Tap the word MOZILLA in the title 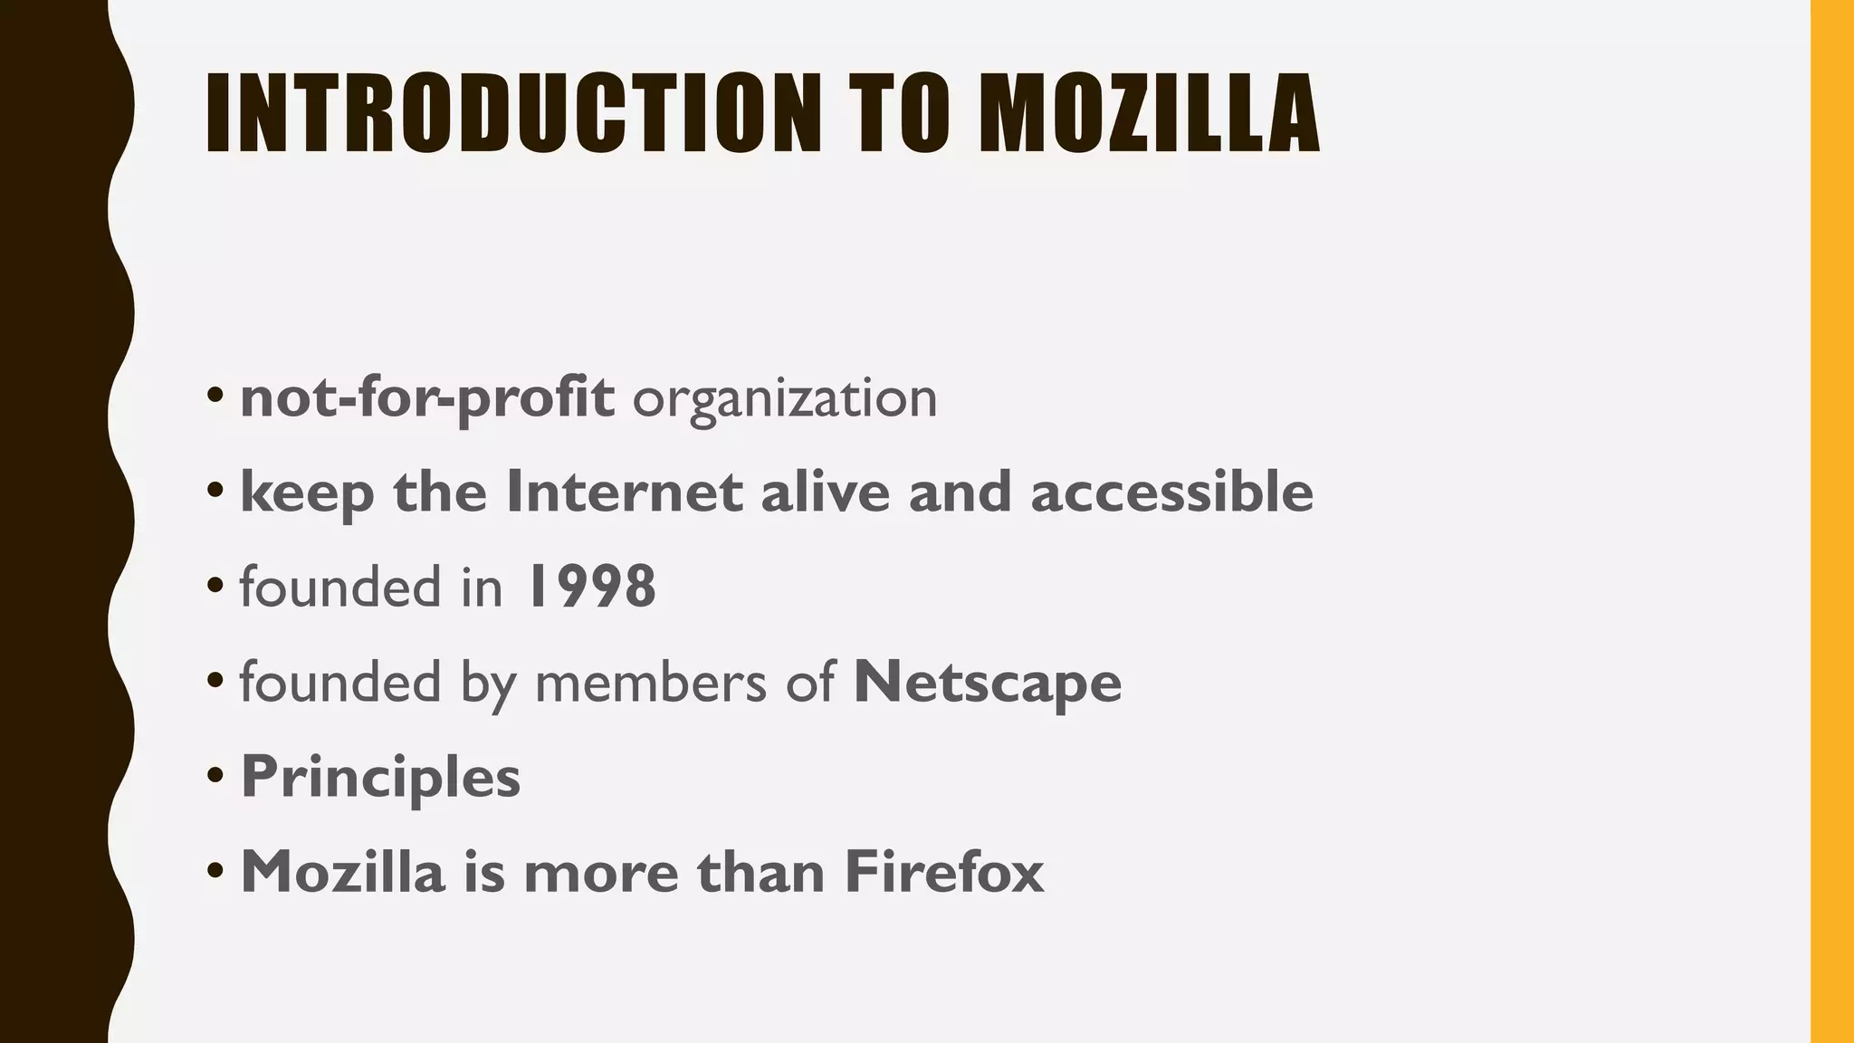pyautogui.click(x=1149, y=113)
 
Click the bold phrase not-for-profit pyautogui.click(x=427, y=398)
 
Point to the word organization pyautogui.click(x=785, y=398)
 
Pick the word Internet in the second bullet pyautogui.click(x=625, y=493)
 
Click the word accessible pyautogui.click(x=1172, y=493)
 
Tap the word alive pyautogui.click(x=826, y=493)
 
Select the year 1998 pyautogui.click(x=589, y=587)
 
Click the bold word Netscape pyautogui.click(x=988, y=682)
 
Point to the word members pyautogui.click(x=651, y=682)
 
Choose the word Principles pyautogui.click(x=381, y=777)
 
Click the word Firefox pyautogui.click(x=944, y=872)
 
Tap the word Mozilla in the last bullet pyautogui.click(x=343, y=872)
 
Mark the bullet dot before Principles pyautogui.click(x=215, y=776)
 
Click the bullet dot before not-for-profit pyautogui.click(x=215, y=396)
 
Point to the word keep pyautogui.click(x=307, y=494)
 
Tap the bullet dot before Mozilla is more pyautogui.click(x=215, y=871)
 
